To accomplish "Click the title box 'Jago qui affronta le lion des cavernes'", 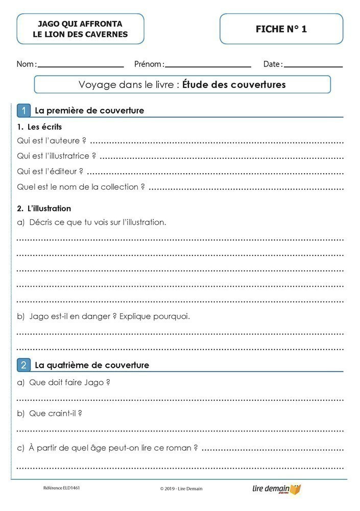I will pyautogui.click(x=80, y=29).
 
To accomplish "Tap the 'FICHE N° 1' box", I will pyautogui.click(x=281, y=29).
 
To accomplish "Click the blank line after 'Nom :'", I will pyautogui.click(x=81, y=66).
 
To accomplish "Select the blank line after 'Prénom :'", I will pyautogui.click(x=208, y=66).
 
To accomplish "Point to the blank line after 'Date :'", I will pyautogui.click(x=313, y=66).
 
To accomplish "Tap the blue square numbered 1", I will pyautogui.click(x=23, y=110).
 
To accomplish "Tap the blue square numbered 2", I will pyautogui.click(x=23, y=365).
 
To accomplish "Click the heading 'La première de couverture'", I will pyautogui.click(x=89, y=110).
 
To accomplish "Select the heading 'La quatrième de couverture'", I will pyautogui.click(x=92, y=365).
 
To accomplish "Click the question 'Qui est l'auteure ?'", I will pyautogui.click(x=52, y=141).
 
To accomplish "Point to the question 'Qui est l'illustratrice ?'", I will pyautogui.click(x=57, y=156).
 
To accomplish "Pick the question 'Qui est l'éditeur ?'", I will pyautogui.click(x=50, y=171).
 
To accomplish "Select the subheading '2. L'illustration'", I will pyautogui.click(x=44, y=208).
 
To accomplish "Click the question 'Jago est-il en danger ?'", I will pyautogui.click(x=66, y=316).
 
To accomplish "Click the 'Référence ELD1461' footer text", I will pyautogui.click(x=61, y=488).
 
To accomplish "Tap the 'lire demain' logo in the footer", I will pyautogui.click(x=276, y=489).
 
